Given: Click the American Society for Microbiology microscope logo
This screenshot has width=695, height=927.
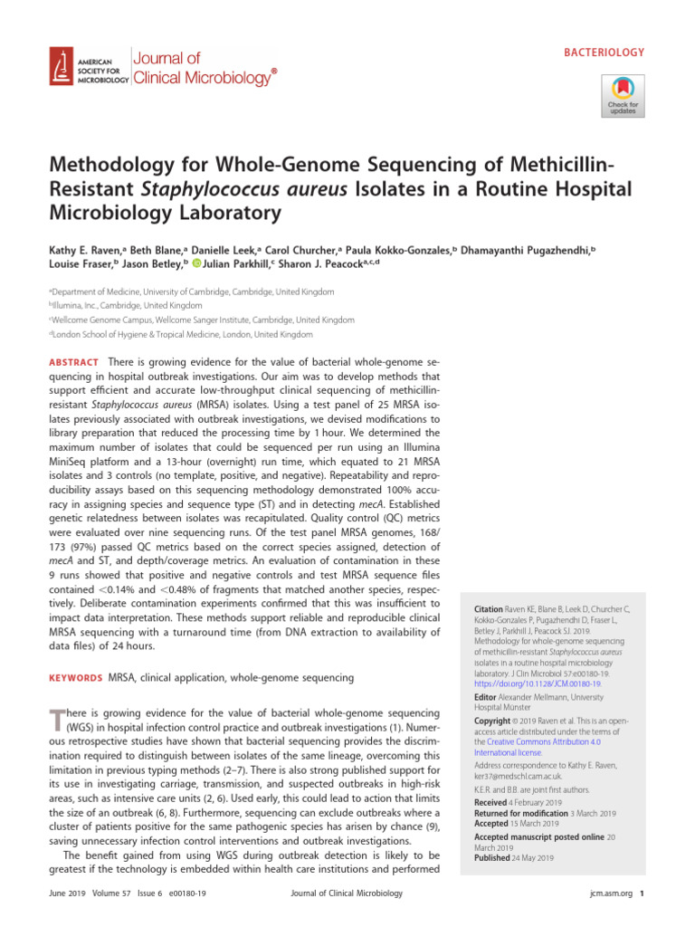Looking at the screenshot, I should [62, 67].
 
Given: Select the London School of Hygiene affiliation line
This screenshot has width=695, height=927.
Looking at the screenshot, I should [181, 334].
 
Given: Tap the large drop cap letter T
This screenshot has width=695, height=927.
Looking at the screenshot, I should [56, 719].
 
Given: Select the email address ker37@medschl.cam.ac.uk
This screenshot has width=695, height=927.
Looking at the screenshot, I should [519, 776].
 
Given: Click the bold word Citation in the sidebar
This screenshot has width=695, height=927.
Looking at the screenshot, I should [490, 613].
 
